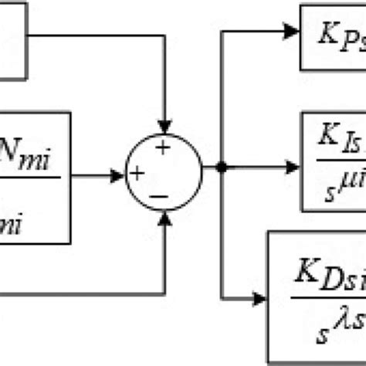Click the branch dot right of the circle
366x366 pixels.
click(222, 165)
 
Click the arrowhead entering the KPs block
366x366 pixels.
click(290, 32)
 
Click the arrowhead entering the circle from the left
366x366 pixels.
click(117, 176)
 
